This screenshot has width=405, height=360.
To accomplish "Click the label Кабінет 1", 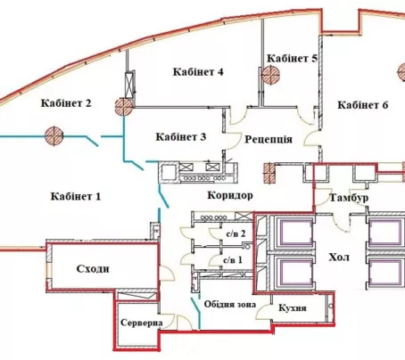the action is (x=76, y=196).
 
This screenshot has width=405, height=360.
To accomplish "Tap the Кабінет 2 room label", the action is (x=66, y=103).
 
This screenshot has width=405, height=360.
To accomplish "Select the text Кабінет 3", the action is (x=181, y=137).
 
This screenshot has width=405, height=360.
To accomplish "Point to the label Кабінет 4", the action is (x=198, y=72).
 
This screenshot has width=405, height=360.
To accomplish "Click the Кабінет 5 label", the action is (x=292, y=59).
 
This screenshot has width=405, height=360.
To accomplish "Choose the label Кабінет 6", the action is (x=363, y=105).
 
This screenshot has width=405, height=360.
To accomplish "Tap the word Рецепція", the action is (x=269, y=139).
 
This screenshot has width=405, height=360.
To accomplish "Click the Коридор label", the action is (x=230, y=195).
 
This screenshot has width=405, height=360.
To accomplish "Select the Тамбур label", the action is (x=349, y=198).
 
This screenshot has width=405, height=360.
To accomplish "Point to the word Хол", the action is (x=339, y=258).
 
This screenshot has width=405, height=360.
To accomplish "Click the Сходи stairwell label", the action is (x=93, y=269).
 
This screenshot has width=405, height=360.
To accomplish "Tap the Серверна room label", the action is (x=142, y=323).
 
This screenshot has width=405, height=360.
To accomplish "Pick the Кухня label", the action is (x=293, y=308).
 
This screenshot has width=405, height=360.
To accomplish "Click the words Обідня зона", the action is (x=230, y=305).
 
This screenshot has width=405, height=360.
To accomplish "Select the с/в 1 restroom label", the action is (x=233, y=260).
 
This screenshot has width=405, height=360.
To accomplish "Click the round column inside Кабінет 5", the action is (x=270, y=75).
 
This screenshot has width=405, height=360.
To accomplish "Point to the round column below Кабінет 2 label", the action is (x=54, y=136).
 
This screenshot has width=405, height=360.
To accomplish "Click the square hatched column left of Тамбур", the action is (x=269, y=173).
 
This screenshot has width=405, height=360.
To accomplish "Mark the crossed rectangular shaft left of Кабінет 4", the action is (x=129, y=86).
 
